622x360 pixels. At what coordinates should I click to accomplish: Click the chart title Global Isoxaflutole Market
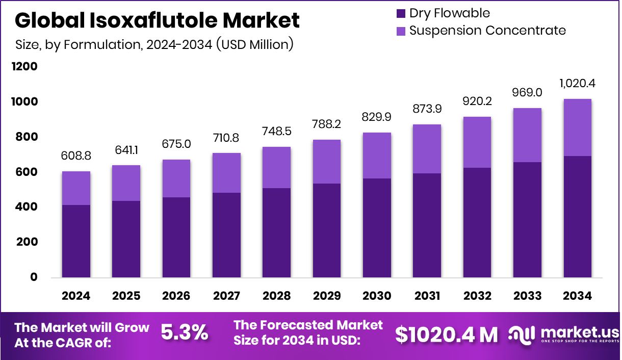click(x=157, y=20)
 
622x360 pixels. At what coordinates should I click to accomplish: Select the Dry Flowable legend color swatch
click(x=401, y=13)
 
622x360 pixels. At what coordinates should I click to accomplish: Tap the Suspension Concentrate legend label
click(x=487, y=31)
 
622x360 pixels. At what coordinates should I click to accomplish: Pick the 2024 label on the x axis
click(x=76, y=296)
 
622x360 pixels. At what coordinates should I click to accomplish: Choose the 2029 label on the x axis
click(x=326, y=296)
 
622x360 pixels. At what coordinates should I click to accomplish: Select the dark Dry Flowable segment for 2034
click(x=578, y=217)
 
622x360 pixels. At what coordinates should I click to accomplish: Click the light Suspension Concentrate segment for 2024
click(x=76, y=188)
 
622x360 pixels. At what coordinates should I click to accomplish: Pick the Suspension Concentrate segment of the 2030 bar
click(x=377, y=156)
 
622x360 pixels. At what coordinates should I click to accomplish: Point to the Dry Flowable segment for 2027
click(x=226, y=235)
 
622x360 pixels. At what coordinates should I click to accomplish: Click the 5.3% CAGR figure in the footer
click(x=185, y=333)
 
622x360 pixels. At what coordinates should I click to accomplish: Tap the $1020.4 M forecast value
click(x=447, y=334)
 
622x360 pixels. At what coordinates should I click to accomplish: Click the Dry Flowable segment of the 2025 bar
click(x=126, y=239)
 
